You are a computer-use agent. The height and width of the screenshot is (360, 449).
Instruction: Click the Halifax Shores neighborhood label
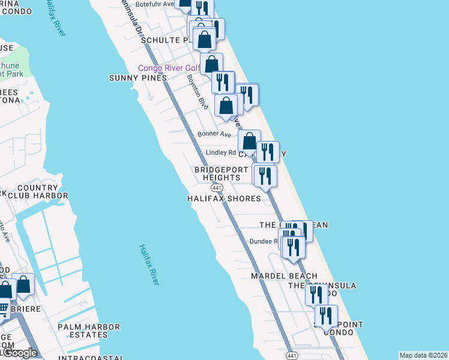(x=224, y=198)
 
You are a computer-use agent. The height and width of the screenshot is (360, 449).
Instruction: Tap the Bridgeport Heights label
(x=221, y=173)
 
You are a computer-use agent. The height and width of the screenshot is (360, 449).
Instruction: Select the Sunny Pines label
(x=137, y=78)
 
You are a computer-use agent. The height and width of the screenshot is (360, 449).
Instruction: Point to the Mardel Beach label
(x=284, y=276)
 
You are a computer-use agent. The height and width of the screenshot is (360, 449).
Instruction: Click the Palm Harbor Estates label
(x=89, y=331)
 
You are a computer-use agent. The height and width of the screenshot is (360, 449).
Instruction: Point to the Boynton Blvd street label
(x=196, y=92)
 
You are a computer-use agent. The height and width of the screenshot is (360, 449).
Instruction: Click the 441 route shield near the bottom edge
(x=291, y=356)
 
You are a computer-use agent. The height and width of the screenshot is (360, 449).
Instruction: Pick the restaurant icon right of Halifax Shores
(x=265, y=176)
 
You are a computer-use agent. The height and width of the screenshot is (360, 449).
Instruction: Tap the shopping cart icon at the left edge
(x=3, y=310)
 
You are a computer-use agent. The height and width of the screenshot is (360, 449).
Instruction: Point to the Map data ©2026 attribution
(x=423, y=355)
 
